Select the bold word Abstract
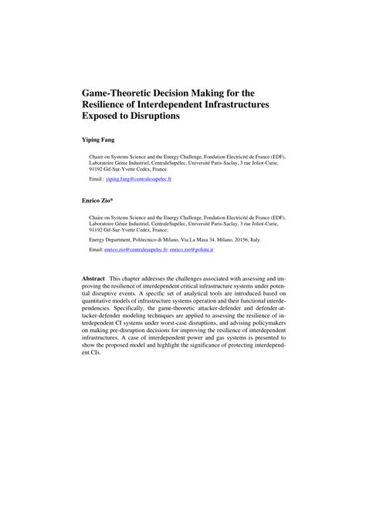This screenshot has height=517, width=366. [94, 278]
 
